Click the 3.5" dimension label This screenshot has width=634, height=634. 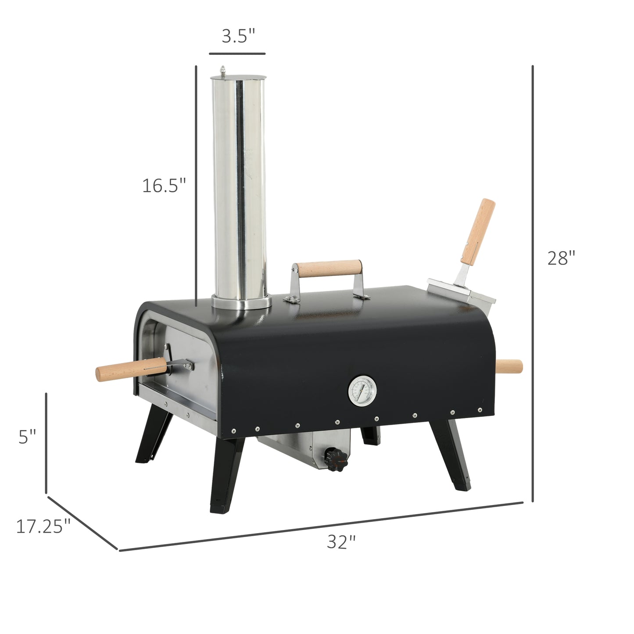[x=238, y=36]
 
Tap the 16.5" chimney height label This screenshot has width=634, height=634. [x=164, y=186]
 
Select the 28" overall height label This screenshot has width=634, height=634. [x=561, y=258]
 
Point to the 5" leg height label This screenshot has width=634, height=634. [x=27, y=437]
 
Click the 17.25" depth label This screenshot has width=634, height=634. [x=43, y=526]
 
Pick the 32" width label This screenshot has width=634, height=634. [x=341, y=542]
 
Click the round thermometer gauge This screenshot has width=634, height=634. [x=362, y=390]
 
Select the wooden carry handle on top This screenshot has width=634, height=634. [x=328, y=268]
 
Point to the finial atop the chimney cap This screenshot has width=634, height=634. [x=223, y=71]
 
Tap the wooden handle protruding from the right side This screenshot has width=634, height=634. [x=509, y=366]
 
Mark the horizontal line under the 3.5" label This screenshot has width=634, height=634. [x=237, y=54]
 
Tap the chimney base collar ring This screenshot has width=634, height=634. [x=241, y=302]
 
